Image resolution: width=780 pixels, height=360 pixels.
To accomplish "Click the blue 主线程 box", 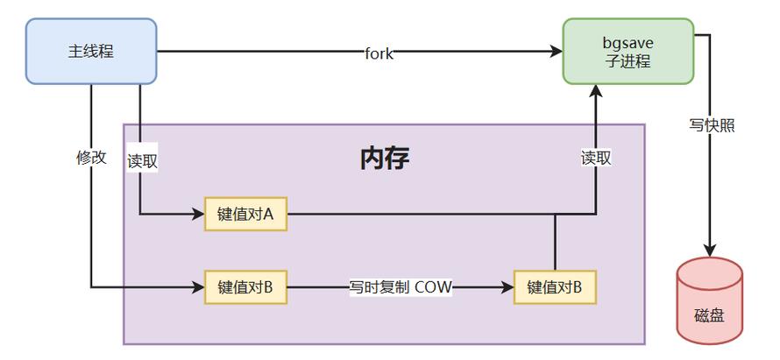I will [x=91, y=51].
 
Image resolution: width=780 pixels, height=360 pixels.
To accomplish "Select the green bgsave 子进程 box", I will [x=628, y=51].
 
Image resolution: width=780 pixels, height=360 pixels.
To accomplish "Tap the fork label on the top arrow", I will [x=379, y=53].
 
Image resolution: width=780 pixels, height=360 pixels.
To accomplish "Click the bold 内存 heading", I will [x=385, y=159].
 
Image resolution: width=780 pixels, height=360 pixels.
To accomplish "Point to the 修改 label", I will [x=91, y=158].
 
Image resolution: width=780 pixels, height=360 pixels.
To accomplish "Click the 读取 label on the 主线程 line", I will [x=142, y=160].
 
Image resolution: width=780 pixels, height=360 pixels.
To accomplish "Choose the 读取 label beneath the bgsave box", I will [x=596, y=158].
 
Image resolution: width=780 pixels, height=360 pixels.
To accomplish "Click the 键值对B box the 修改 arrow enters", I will [x=245, y=286].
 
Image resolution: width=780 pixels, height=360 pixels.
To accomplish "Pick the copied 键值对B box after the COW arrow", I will [x=555, y=286].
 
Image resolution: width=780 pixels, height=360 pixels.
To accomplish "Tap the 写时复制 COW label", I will [x=401, y=286].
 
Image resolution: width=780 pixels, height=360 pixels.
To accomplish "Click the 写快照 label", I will [x=711, y=125].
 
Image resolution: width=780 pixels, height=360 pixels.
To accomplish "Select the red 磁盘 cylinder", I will [x=709, y=300].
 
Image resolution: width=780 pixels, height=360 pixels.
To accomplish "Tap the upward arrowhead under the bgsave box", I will [x=596, y=91].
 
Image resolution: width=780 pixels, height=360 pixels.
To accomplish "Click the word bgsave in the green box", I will [x=628, y=42].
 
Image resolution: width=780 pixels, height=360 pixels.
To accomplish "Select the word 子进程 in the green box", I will [x=628, y=61].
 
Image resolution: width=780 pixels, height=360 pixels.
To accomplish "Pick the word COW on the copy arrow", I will [x=433, y=286].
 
